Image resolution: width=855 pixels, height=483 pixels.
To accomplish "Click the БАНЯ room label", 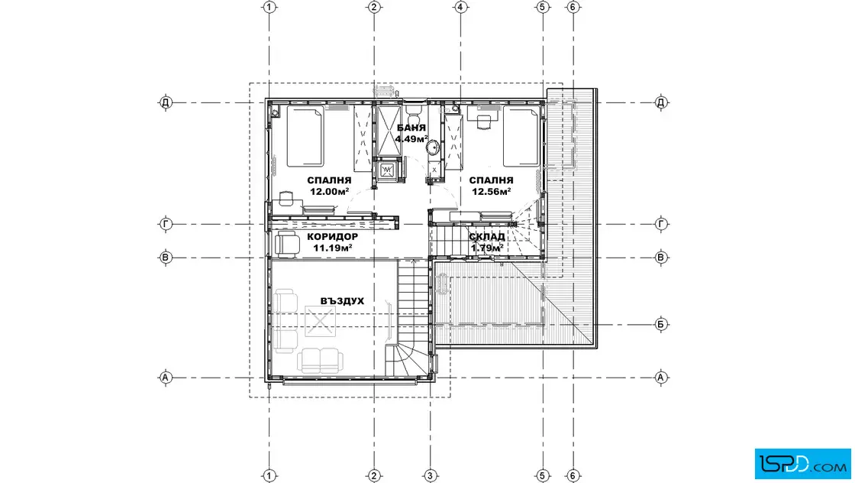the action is (x=411, y=128).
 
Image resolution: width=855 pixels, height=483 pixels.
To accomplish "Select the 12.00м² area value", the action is (x=329, y=192).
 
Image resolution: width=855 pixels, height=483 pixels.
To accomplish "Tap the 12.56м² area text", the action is (x=492, y=192).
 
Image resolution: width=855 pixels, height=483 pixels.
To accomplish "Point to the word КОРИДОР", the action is (x=333, y=237).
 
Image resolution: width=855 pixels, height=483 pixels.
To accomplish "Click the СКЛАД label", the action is (x=487, y=237).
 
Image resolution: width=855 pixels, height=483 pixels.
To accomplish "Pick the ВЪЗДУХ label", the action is (x=342, y=300).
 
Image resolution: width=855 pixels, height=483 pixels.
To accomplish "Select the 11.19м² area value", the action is (x=332, y=248).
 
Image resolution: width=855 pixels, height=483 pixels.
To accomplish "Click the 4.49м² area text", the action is (x=411, y=138).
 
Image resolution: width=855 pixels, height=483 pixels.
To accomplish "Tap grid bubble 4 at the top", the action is (x=460, y=7).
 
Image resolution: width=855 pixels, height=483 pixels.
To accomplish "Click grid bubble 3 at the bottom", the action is (x=431, y=476).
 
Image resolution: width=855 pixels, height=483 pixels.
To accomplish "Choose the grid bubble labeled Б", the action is (x=661, y=324).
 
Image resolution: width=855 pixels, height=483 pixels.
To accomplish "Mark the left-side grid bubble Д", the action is (x=166, y=102).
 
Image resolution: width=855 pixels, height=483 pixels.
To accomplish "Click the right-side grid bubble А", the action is (x=661, y=377).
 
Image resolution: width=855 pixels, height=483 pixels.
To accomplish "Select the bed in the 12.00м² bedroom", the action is (x=305, y=137).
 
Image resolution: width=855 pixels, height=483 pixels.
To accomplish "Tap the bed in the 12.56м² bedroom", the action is (x=521, y=137).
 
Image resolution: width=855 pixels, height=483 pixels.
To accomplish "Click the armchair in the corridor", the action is (x=287, y=244).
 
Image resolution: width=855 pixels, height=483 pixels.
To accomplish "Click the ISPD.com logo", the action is (x=802, y=464).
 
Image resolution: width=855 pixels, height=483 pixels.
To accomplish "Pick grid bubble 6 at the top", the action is (x=573, y=7).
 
